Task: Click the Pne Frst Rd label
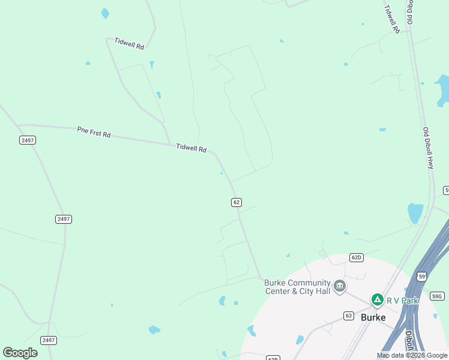click(94, 132)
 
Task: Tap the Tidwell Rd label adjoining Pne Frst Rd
click(191, 148)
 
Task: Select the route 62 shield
click(237, 203)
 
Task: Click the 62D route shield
click(357, 258)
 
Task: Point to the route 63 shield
click(349, 316)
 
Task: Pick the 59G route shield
click(438, 296)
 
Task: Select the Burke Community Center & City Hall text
click(298, 287)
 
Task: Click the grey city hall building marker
click(340, 286)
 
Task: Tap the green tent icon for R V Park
click(377, 299)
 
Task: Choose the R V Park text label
click(402, 301)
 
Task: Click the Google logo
click(20, 353)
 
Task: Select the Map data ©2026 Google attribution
click(412, 355)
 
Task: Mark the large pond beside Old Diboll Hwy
click(415, 213)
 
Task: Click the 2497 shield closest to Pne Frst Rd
click(28, 140)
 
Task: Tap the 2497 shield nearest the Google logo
click(49, 340)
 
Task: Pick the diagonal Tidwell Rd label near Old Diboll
click(392, 19)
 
